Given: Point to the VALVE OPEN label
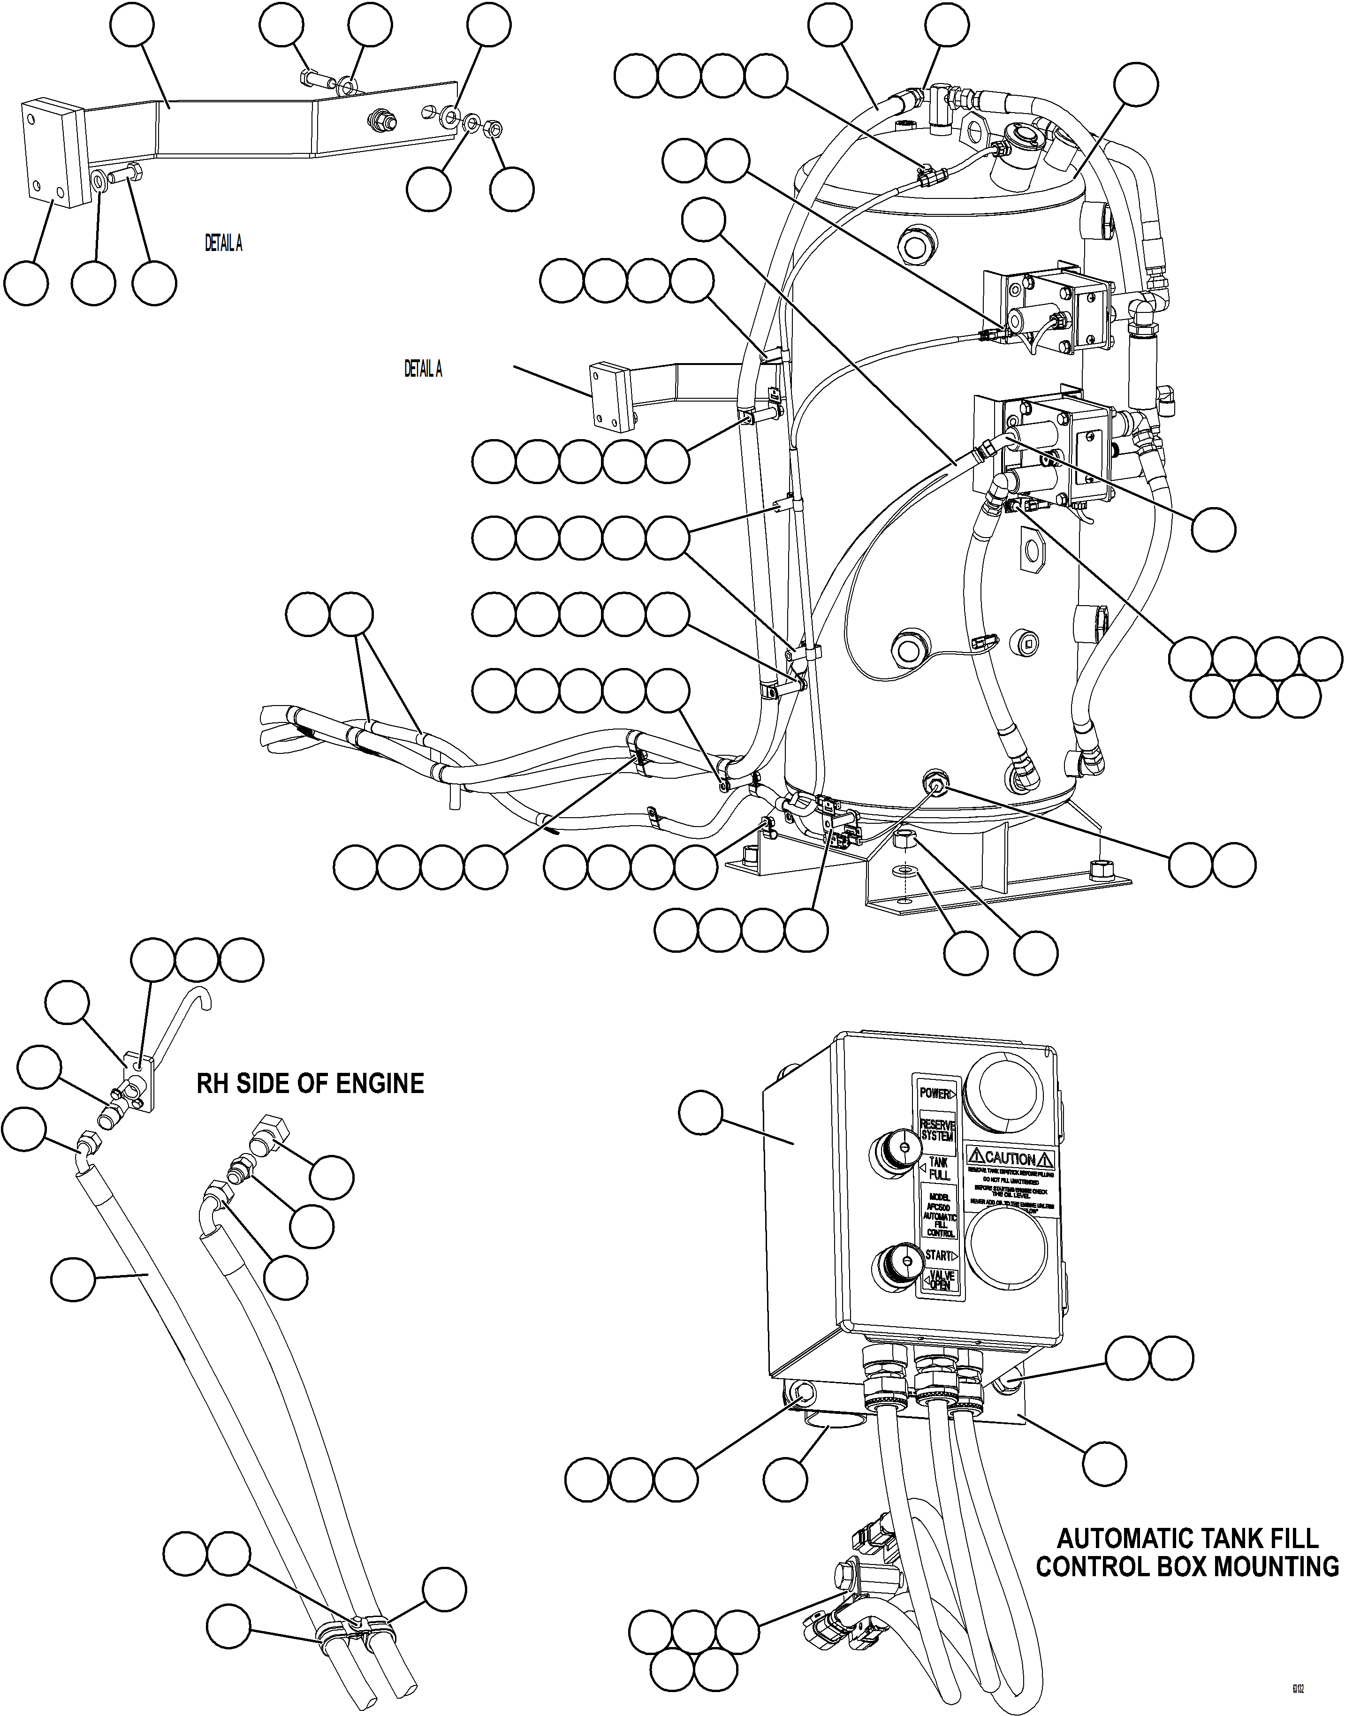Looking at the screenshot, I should [940, 1281].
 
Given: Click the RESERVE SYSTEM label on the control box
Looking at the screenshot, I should [936, 1131].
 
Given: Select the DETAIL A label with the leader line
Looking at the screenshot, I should [423, 369].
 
